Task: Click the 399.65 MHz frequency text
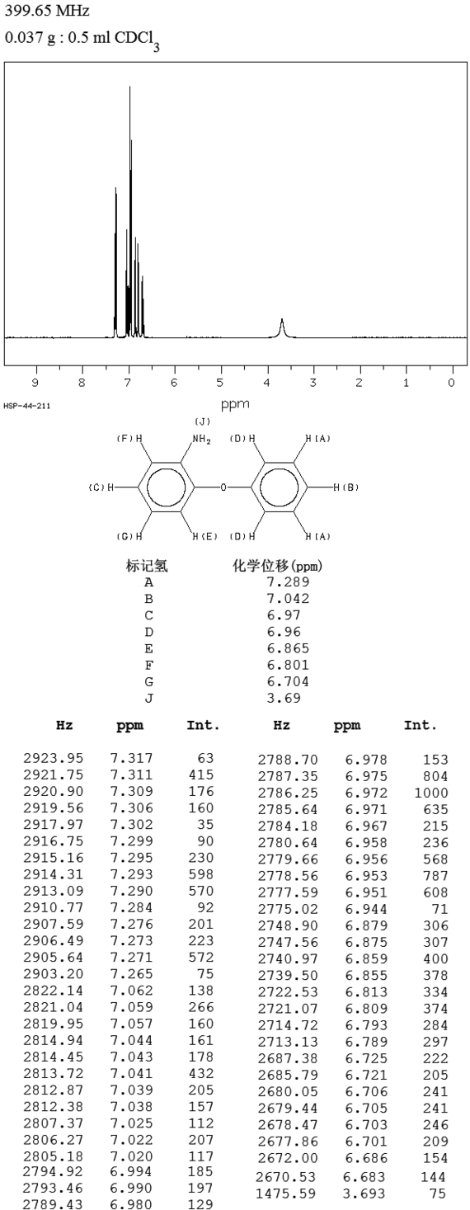coord(47,10)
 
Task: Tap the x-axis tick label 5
coord(220,383)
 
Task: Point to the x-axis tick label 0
coord(452,383)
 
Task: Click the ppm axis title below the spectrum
coord(236,403)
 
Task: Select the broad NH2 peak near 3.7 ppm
coord(282,327)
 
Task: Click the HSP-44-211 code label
coord(26,406)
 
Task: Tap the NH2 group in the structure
coord(201,439)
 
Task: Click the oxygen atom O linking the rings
coord(223,487)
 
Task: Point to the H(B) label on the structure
coord(345,487)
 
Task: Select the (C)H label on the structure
coord(101,487)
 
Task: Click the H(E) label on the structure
coord(205,536)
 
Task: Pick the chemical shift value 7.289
coord(288,581)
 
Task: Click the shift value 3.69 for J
coord(284,698)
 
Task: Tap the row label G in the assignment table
coord(149,681)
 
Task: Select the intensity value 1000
coord(431,793)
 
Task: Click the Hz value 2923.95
coord(54,758)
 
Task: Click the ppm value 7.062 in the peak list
coord(132,991)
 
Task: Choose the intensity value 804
coord(435,776)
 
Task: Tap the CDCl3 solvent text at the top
coord(137,40)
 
